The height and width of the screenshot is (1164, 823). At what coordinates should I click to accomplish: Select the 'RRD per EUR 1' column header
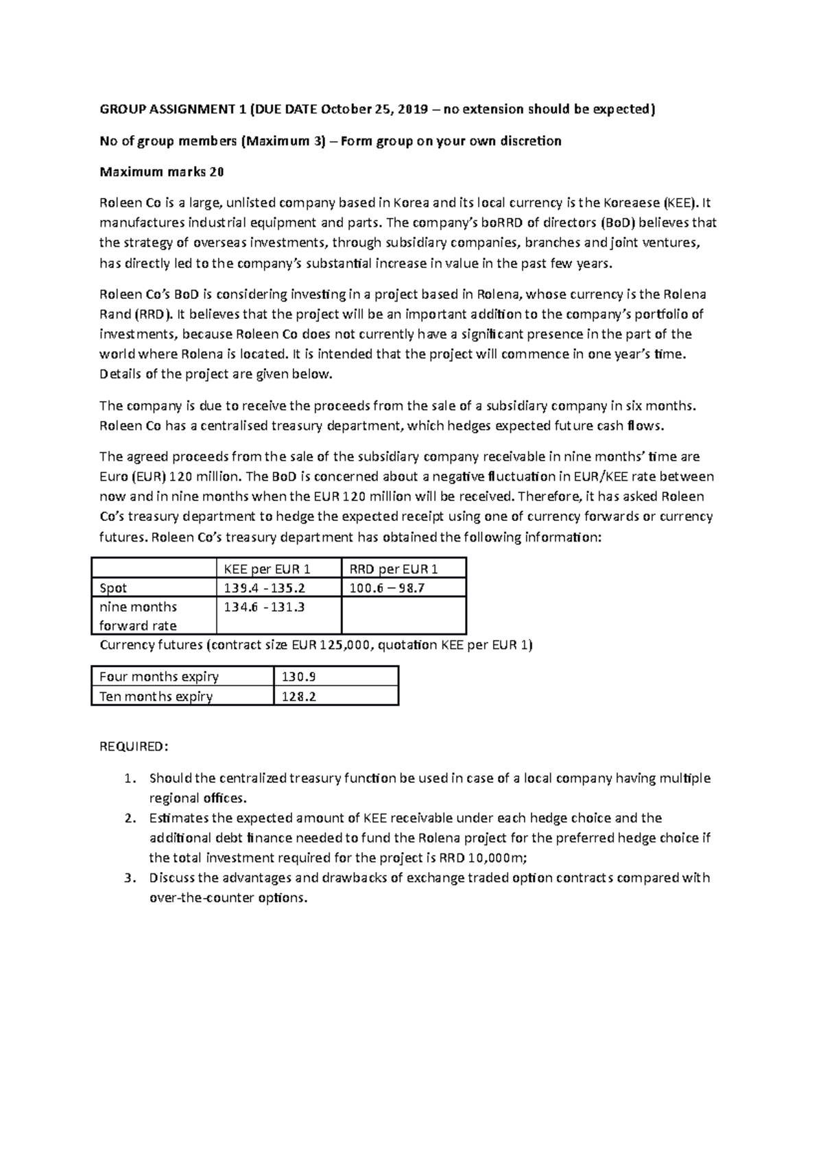394,569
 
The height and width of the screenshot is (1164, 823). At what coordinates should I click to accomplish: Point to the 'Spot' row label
113,588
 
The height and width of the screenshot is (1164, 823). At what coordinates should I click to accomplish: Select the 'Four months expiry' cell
159,677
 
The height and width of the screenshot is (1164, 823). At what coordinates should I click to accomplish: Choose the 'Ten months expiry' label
156,696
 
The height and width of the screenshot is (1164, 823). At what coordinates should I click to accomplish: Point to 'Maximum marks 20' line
162,172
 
